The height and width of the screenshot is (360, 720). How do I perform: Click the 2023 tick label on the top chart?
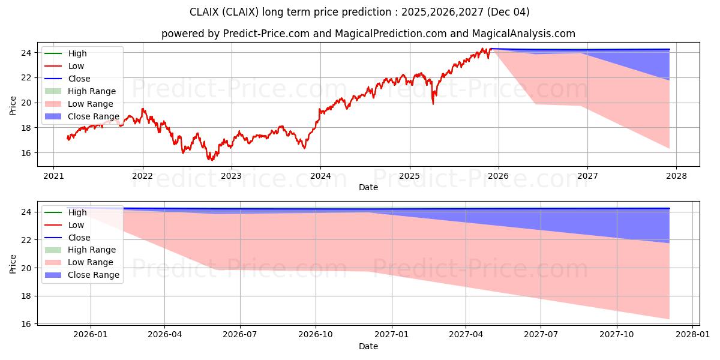(232, 176)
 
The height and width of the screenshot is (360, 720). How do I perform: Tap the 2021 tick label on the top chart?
(53, 176)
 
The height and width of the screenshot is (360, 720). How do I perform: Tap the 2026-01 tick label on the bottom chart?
(91, 335)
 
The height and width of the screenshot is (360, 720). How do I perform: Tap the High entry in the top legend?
(77, 53)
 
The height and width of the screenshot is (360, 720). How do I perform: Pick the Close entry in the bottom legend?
(79, 237)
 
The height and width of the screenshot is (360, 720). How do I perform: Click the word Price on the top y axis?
(13, 105)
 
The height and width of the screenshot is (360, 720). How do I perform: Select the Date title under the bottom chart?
(368, 346)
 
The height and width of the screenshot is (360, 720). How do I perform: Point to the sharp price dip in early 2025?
(433, 104)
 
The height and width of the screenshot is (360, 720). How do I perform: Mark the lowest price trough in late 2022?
(211, 160)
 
